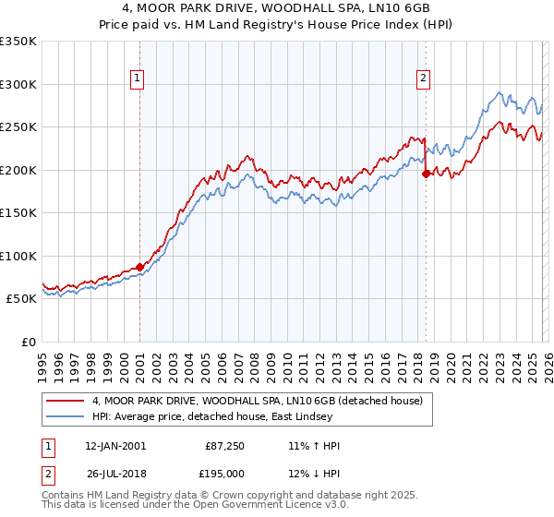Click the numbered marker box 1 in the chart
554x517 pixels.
click(x=137, y=79)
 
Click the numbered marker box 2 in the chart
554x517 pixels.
click(x=423, y=79)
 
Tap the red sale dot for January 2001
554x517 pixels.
click(x=139, y=267)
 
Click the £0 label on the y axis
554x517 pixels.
click(x=27, y=342)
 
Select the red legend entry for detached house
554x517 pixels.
click(x=257, y=401)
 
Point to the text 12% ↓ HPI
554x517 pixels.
click(x=314, y=475)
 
